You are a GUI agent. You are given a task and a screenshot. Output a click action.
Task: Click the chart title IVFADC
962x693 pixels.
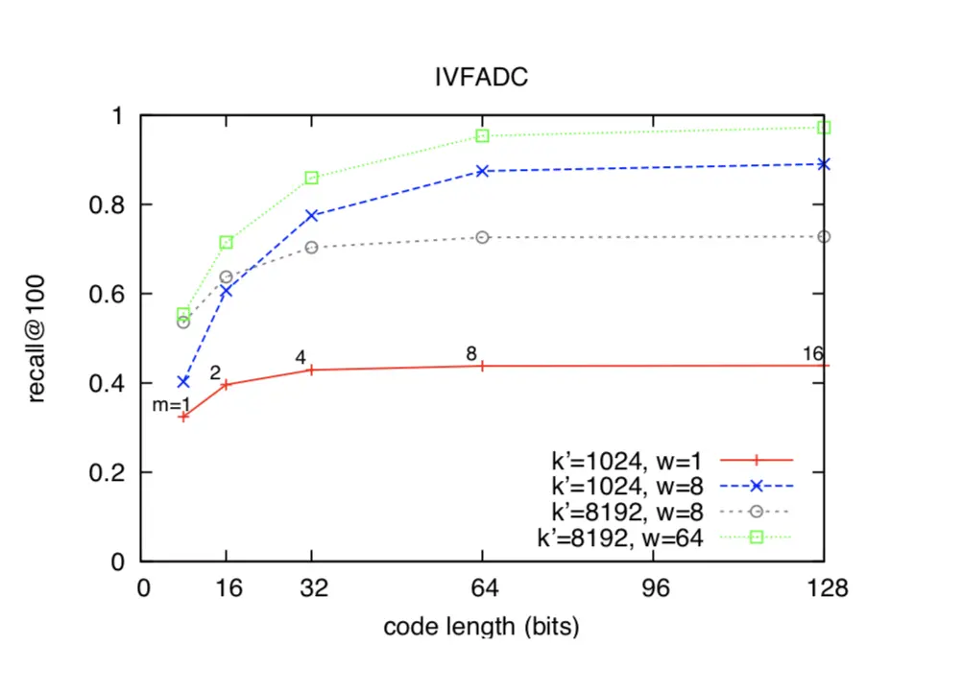[481, 78]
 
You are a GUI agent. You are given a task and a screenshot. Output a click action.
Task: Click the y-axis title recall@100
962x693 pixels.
[37, 337]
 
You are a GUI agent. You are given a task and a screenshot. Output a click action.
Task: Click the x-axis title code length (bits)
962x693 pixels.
[481, 628]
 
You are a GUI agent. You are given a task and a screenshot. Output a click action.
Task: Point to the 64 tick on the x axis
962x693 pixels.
[483, 589]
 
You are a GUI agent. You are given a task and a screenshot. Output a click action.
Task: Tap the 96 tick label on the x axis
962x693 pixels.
[655, 589]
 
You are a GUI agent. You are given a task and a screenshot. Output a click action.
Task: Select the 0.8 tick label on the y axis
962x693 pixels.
[112, 204]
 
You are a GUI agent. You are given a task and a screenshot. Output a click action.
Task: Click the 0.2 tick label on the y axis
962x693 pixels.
[112, 472]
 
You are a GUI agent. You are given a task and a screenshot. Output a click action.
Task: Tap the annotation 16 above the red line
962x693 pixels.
[813, 354]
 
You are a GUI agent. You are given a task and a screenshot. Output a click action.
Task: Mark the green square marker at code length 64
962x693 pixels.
[483, 135]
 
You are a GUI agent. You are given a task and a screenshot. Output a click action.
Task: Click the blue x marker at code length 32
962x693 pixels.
[312, 215]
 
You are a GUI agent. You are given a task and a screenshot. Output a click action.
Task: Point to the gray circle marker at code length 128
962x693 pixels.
[824, 236]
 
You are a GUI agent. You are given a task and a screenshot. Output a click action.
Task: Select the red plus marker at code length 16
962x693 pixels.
[227, 385]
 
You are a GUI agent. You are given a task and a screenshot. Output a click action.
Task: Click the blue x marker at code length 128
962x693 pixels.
[824, 164]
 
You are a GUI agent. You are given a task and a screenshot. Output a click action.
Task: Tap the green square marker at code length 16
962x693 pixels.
[227, 242]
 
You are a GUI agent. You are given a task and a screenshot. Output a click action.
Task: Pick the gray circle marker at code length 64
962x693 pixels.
[483, 237]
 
